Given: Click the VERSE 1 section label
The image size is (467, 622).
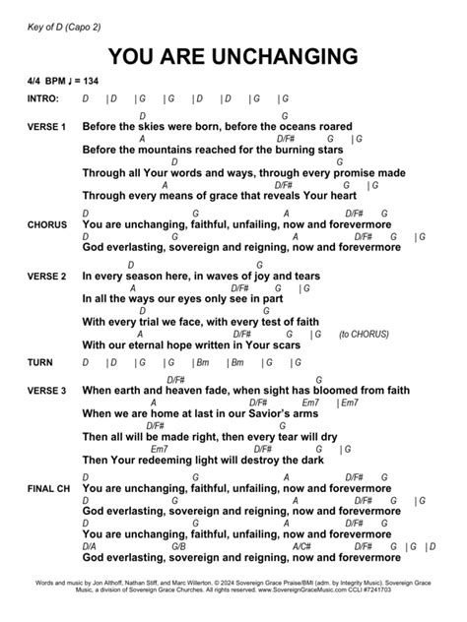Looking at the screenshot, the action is pos(47,128).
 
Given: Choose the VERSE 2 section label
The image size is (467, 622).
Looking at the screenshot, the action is pos(47,276).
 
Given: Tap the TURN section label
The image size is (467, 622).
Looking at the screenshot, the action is pos(39,363).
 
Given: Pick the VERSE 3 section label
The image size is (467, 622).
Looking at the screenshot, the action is pos(47,391).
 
